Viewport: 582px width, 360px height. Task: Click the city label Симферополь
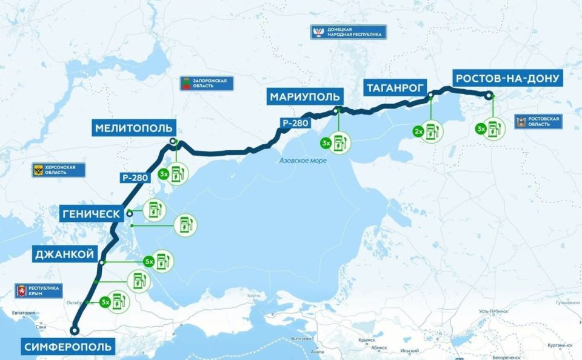point(69,347)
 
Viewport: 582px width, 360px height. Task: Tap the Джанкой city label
point(65,255)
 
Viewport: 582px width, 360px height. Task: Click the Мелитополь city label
point(134,128)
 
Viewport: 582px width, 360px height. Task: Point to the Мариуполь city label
point(306,96)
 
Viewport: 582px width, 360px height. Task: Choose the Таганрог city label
point(395,87)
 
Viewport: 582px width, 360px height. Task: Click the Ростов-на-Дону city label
point(507,78)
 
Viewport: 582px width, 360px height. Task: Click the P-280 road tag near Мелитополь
point(134,178)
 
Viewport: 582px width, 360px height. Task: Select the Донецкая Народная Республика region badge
point(349,32)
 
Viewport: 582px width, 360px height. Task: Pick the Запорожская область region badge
point(207,84)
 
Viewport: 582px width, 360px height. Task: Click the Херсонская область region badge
point(59,170)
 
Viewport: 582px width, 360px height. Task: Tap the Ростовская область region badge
point(538,122)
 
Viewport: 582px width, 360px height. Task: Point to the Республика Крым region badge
point(41,291)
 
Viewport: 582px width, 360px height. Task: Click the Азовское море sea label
point(303,161)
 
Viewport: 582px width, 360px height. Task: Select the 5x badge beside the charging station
point(148,262)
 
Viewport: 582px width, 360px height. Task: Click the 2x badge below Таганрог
point(418,131)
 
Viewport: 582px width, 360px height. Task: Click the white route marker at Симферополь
point(74,330)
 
